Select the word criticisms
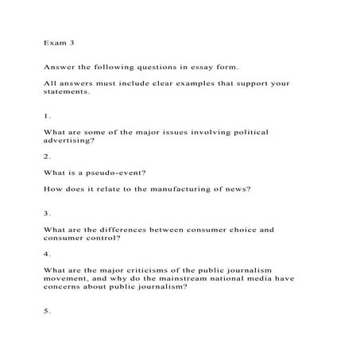coord(143,269)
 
